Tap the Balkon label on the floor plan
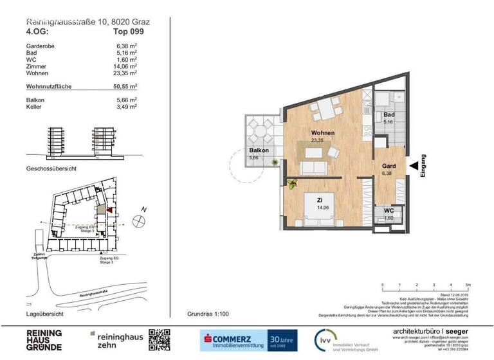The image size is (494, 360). coord(259,151)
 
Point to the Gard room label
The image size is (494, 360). coord(388,166)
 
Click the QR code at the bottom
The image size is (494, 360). coord(160,339)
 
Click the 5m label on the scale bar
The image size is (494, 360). coord(468,283)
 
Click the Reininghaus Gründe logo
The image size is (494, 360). coord(42,339)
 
